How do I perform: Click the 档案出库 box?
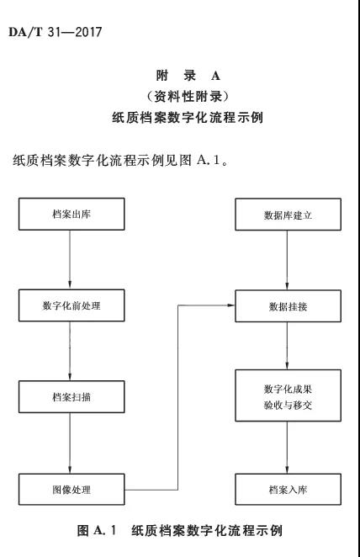[71, 215]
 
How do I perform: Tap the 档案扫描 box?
[71, 396]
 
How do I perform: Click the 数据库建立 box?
[289, 215]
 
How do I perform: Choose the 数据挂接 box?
[289, 306]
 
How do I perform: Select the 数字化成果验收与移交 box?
[289, 399]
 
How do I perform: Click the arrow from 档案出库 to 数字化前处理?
[71, 260]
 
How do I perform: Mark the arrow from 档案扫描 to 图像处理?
[71, 443]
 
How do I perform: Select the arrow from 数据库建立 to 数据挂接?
[289, 260]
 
